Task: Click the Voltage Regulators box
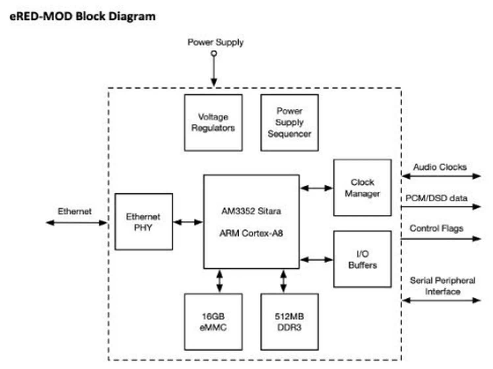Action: [213, 122]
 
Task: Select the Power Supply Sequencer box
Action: [289, 122]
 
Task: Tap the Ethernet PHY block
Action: [144, 222]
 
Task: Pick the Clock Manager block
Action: [362, 188]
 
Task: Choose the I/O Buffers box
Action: [362, 259]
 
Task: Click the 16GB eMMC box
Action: [213, 322]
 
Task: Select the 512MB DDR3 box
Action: [289, 322]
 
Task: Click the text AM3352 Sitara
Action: [251, 211]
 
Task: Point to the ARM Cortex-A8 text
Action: [251, 233]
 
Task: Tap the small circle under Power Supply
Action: [214, 53]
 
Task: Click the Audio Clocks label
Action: [440, 167]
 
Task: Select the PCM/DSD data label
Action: [436, 198]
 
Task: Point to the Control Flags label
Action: [436, 228]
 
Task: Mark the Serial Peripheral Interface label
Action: [442, 286]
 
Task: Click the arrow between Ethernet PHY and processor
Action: [188, 222]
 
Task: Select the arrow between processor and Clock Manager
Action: [316, 188]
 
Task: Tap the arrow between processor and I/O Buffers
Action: [316, 259]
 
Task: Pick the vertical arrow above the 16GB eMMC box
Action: [220, 281]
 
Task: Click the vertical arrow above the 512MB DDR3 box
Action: [283, 281]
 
